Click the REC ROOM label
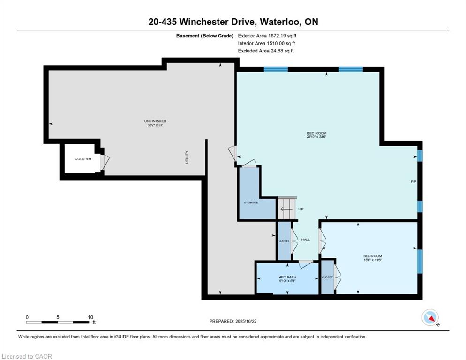tap(316, 133)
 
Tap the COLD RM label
tap(83, 159)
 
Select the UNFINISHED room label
tap(155, 121)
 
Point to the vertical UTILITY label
tap(187, 157)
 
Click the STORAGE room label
tap(251, 202)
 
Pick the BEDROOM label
tap(373, 256)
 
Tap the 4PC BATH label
tap(287, 277)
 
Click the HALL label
tap(306, 240)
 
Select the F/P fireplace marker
tap(413, 181)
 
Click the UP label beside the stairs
tap(301, 209)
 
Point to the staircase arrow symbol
tap(286, 209)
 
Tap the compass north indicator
tap(430, 317)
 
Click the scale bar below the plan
tap(57, 322)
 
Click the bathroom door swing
tap(306, 264)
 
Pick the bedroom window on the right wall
tap(420, 261)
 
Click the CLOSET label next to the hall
tap(284, 241)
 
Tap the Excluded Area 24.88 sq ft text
tap(266, 51)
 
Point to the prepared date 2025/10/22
tap(246, 321)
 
